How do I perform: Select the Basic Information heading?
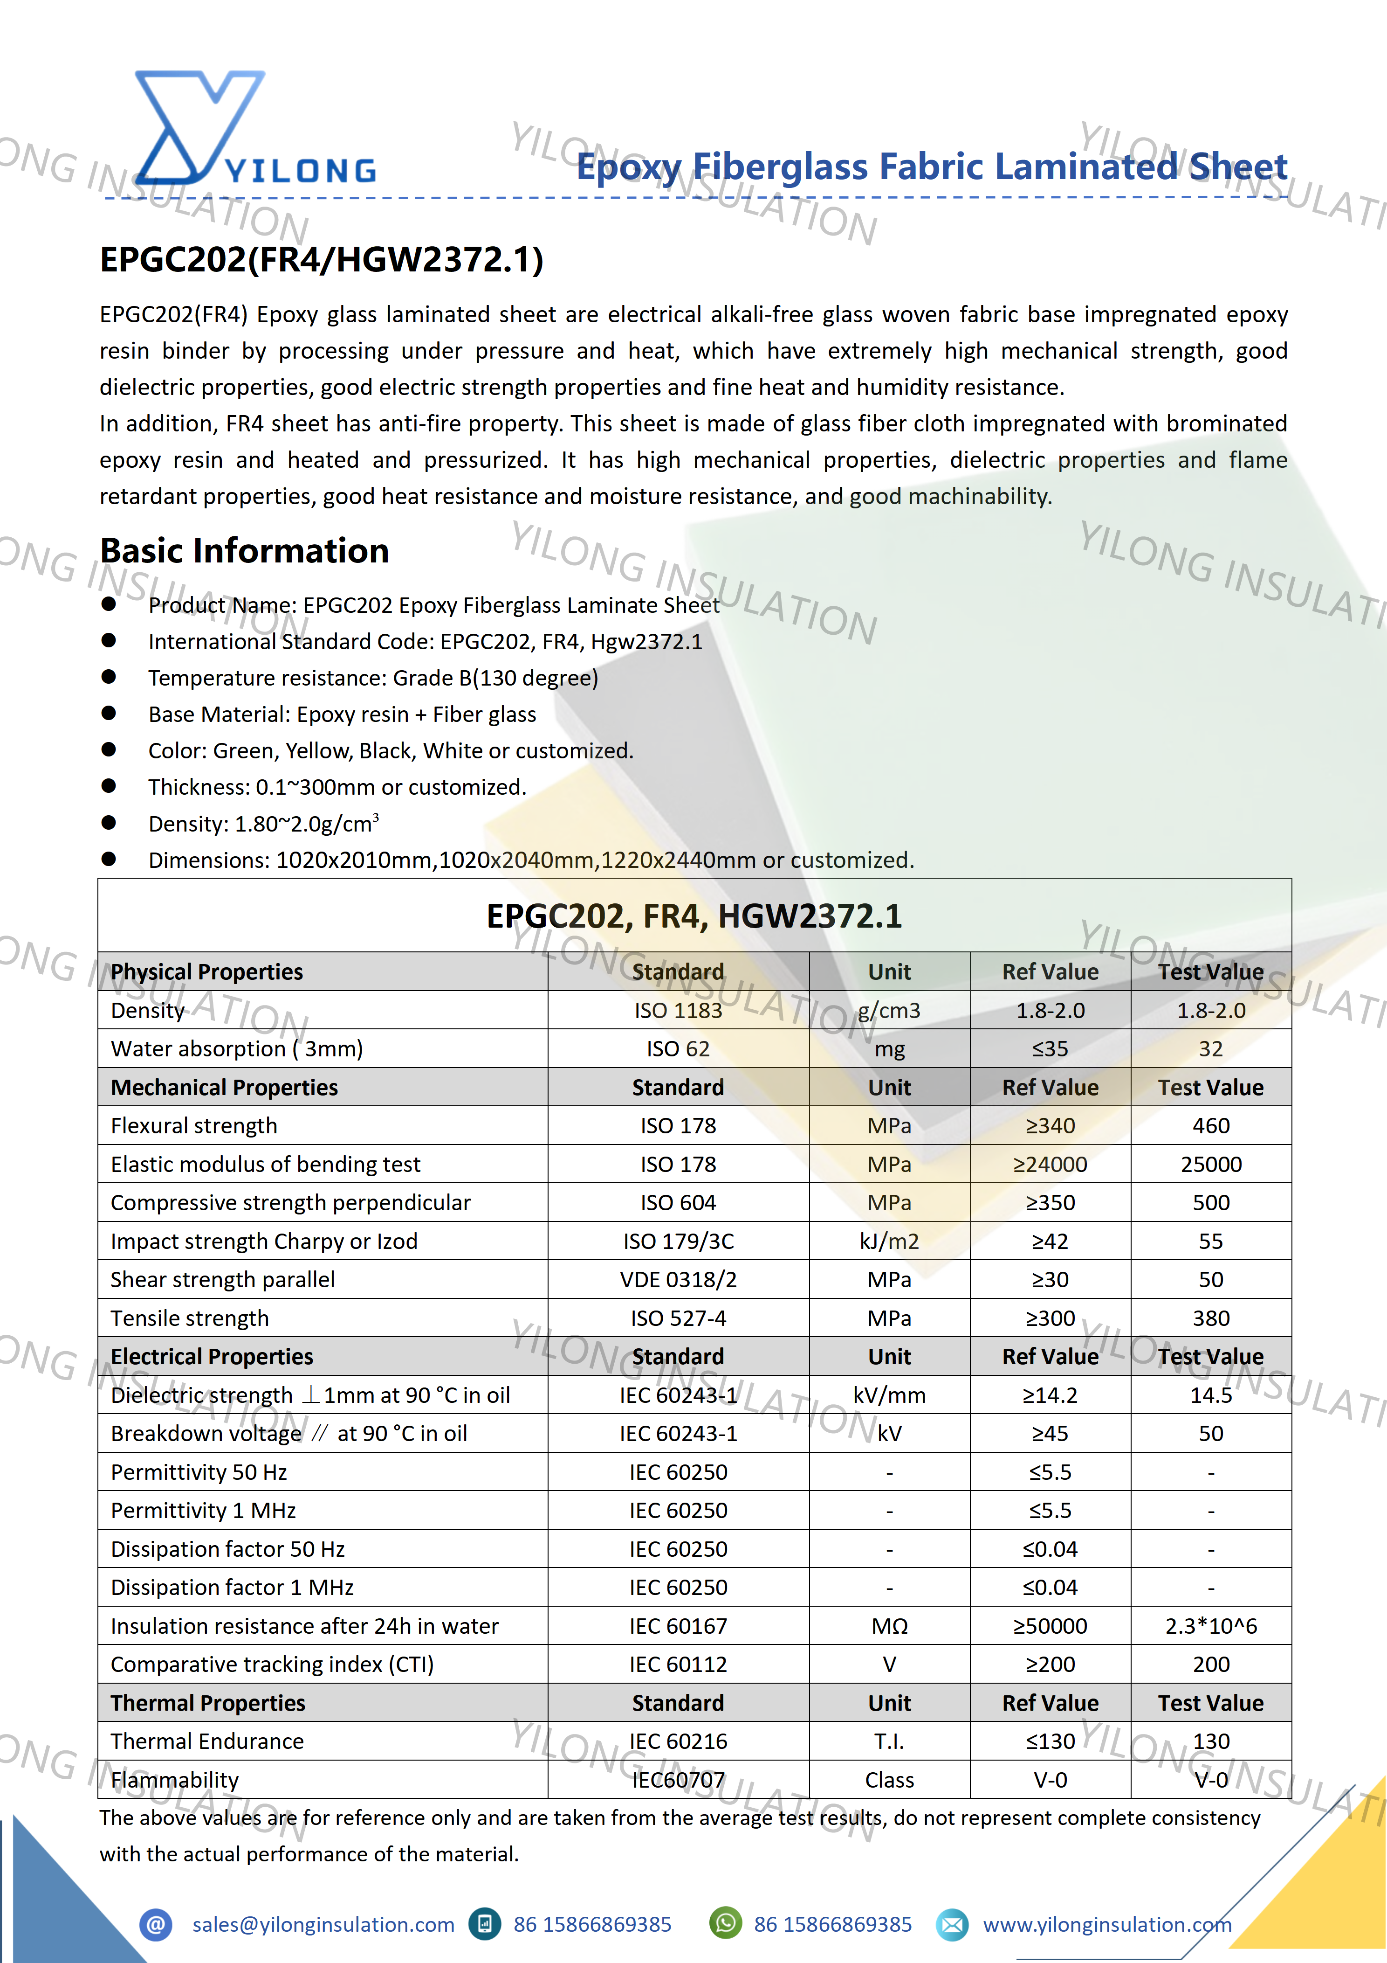244,551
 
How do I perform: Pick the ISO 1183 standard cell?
678,1011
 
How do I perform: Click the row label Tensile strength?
190,1318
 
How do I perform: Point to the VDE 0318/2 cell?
678,1280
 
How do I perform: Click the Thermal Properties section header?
208,1703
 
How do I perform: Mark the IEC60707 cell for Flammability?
678,1780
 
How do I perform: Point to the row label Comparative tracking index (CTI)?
272,1665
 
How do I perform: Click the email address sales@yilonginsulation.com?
323,1925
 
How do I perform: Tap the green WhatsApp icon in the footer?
726,1924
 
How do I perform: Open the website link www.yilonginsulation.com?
1107,1925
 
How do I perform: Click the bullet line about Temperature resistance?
372,678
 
